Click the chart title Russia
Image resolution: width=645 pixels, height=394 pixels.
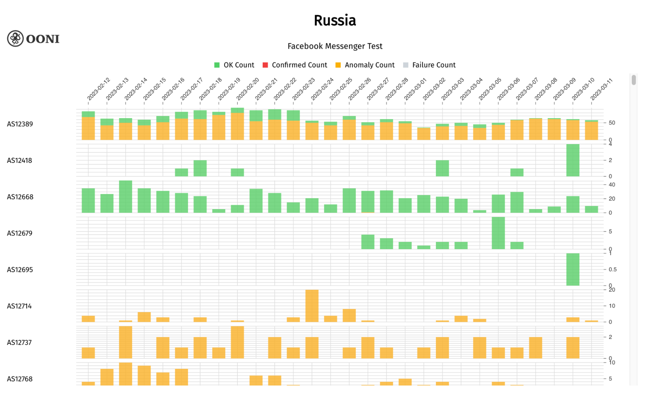[335, 20]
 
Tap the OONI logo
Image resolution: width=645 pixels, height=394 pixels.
[33, 39]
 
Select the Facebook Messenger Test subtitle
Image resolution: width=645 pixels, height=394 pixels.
[335, 46]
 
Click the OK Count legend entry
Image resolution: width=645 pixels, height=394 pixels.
[234, 65]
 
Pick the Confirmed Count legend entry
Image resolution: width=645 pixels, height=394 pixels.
[295, 65]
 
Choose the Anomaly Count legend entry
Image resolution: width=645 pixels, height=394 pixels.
[365, 65]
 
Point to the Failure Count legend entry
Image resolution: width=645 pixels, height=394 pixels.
[429, 65]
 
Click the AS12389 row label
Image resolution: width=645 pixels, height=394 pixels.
[20, 124]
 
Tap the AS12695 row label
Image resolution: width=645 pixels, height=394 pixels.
[20, 270]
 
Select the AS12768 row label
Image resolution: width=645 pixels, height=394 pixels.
[20, 379]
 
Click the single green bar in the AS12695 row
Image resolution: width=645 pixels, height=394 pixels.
[573, 269]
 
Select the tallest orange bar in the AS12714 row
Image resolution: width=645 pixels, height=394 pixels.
[312, 306]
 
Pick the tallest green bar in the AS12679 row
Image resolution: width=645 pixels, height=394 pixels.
[498, 233]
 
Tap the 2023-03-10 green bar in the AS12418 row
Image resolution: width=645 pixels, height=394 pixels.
[573, 160]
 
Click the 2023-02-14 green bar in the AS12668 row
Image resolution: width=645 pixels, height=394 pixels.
[126, 197]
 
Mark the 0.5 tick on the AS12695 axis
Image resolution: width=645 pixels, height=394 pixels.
[612, 269]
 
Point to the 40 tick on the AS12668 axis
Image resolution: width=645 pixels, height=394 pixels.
[611, 185]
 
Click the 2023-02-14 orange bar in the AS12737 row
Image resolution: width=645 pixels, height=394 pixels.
[126, 342]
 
